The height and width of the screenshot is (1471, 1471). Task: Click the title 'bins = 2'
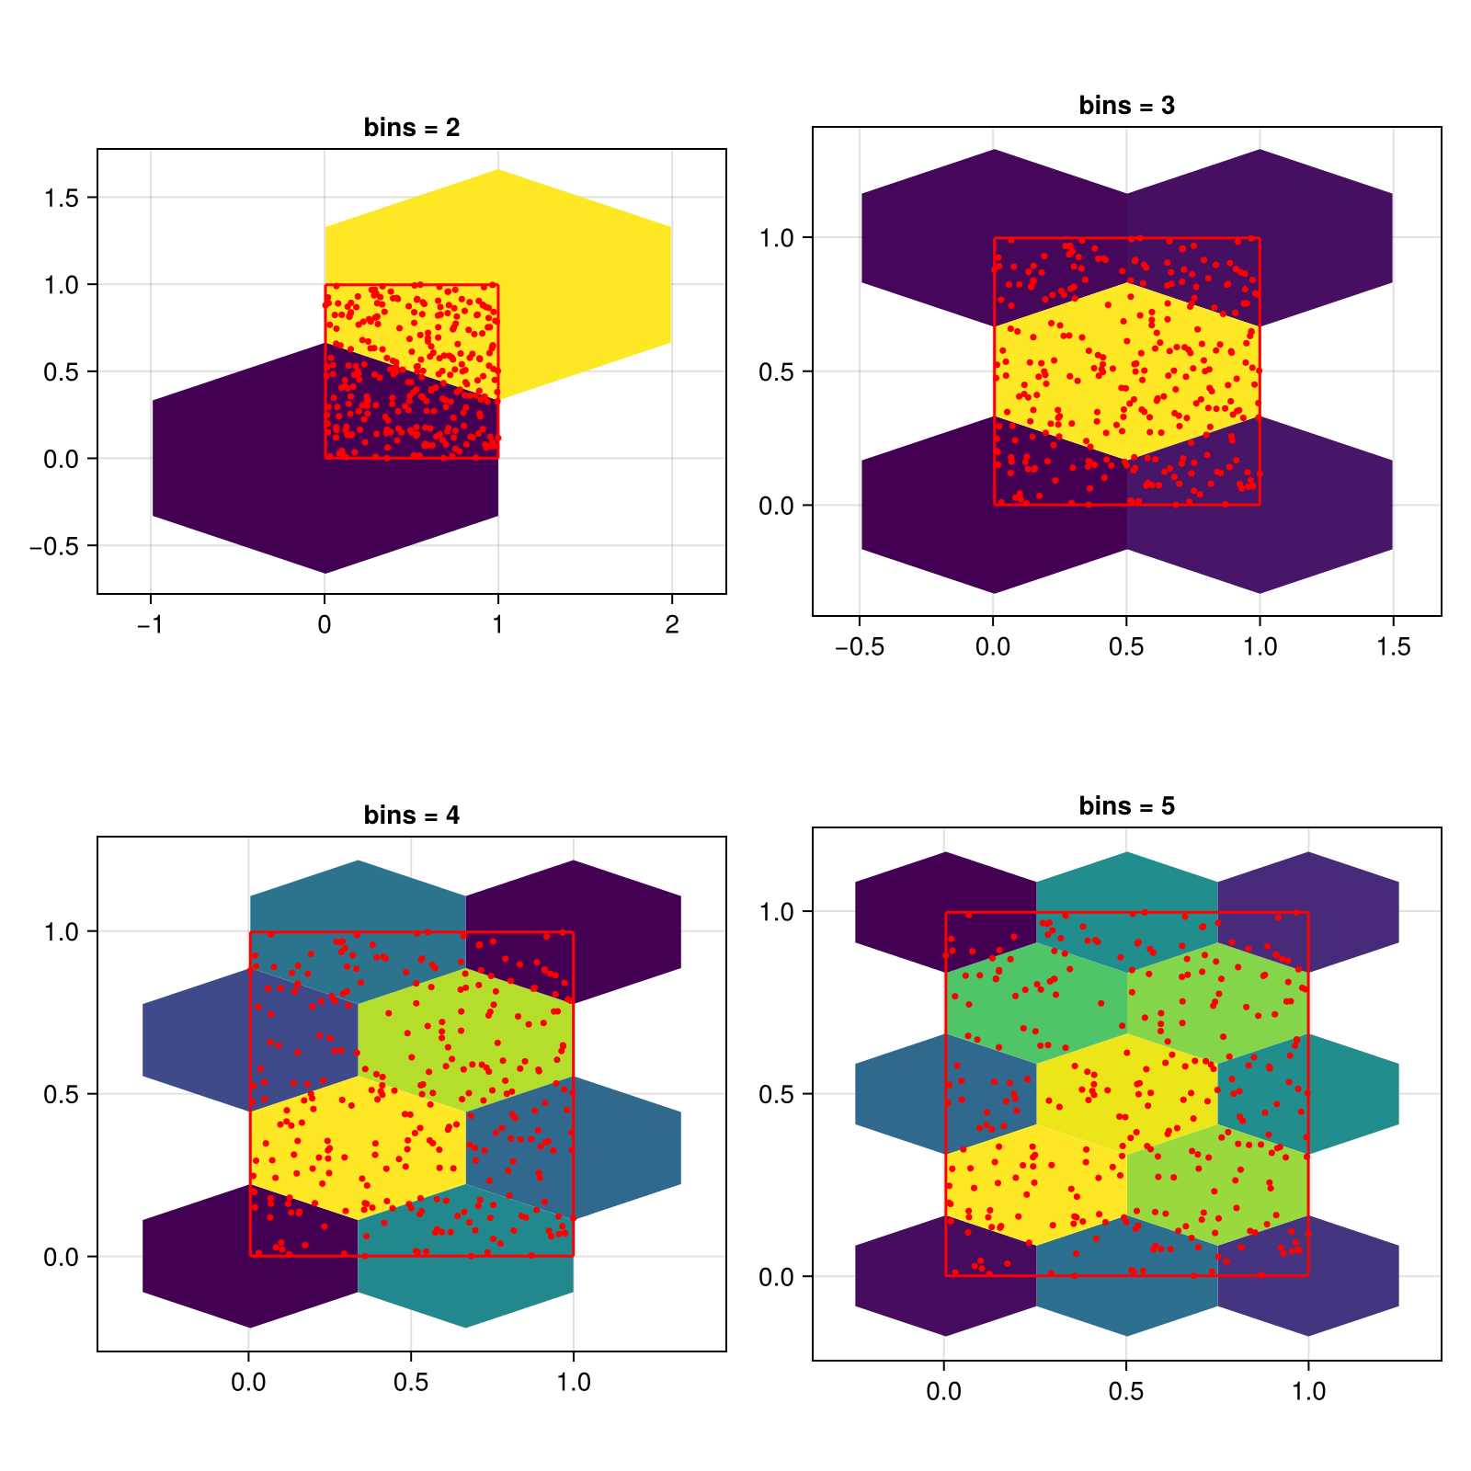[411, 128]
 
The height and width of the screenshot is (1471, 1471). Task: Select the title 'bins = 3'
[1126, 106]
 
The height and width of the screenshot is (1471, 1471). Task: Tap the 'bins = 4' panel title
[411, 815]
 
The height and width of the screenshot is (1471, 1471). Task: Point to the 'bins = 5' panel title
[1126, 806]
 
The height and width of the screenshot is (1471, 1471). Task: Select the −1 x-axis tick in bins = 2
[150, 625]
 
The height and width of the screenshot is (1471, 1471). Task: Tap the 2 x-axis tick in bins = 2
[672, 625]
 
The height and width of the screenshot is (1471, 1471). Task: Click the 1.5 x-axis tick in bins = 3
[1393, 647]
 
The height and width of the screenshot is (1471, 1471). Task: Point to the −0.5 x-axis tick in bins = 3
[859, 647]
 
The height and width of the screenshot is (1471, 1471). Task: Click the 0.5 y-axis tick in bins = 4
[63, 1094]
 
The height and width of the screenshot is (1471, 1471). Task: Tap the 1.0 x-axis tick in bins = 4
[574, 1383]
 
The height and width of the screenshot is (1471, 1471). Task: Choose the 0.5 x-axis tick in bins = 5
[1126, 1392]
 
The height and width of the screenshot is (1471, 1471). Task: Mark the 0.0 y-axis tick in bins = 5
[778, 1277]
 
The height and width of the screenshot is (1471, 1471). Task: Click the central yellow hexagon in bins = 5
[1126, 1094]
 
